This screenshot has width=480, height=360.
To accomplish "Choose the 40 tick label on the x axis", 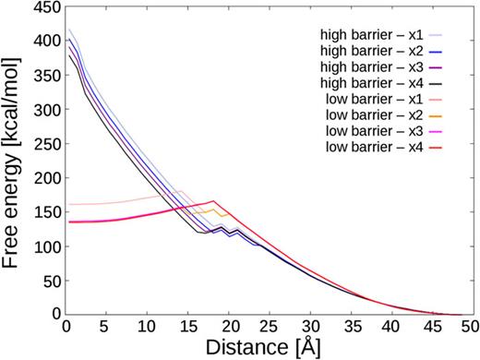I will (390, 326).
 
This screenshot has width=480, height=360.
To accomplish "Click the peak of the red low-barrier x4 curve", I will (213, 201).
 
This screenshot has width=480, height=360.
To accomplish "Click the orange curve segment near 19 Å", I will (216, 210).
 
